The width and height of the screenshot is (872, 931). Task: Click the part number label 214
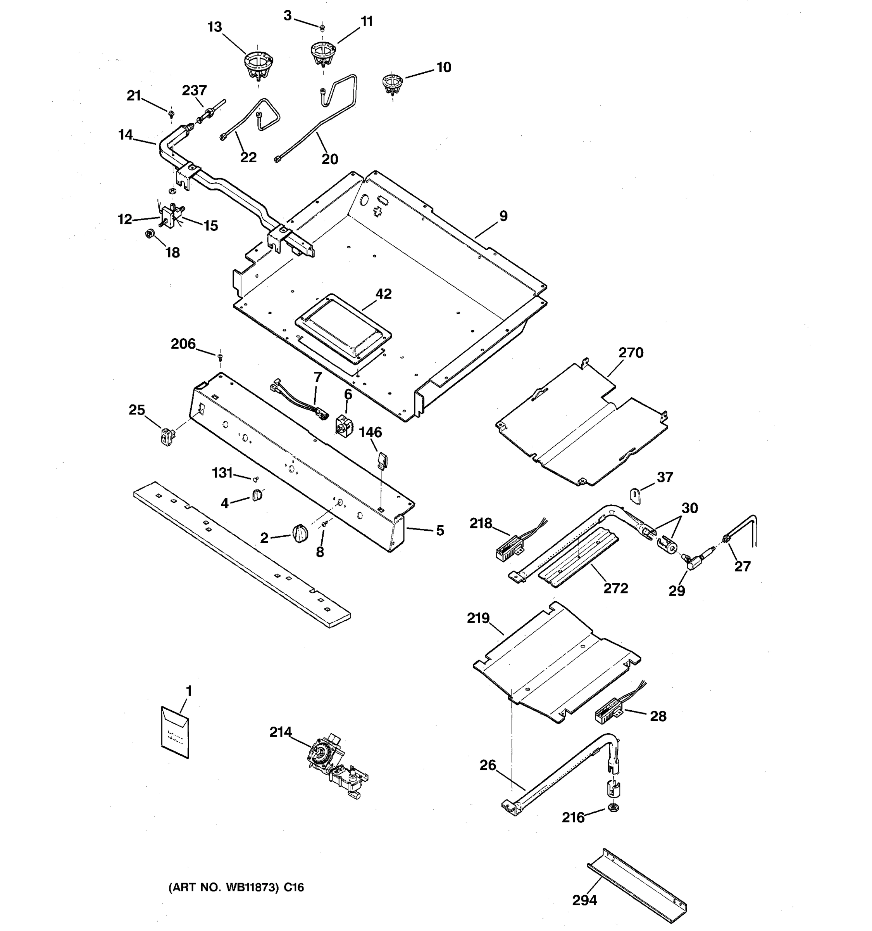tap(280, 732)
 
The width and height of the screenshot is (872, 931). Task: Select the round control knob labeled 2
tap(300, 533)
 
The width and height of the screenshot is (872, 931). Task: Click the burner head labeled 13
tap(258, 65)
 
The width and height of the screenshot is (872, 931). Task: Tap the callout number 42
tap(383, 294)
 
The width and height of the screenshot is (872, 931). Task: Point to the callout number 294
tap(584, 900)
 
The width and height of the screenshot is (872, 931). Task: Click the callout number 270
tap(631, 353)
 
